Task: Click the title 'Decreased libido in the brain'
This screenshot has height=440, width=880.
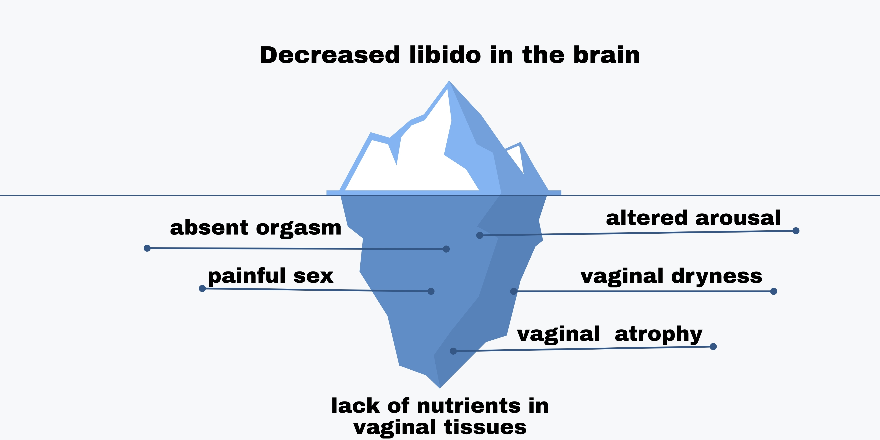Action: pyautogui.click(x=449, y=55)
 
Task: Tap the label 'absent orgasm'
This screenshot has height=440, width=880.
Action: pyautogui.click(x=255, y=228)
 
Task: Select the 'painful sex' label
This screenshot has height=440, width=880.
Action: pyautogui.click(x=270, y=276)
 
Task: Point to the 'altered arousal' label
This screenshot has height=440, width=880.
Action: pyautogui.click(x=693, y=218)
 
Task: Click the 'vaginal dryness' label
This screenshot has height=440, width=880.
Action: pyautogui.click(x=671, y=276)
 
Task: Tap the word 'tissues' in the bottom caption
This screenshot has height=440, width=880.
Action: pyautogui.click(x=485, y=427)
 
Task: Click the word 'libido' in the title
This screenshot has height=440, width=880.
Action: pyautogui.click(x=445, y=55)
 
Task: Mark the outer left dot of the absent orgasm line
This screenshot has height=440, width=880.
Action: pyautogui.click(x=147, y=248)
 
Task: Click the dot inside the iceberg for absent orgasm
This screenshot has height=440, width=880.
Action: pyautogui.click(x=446, y=249)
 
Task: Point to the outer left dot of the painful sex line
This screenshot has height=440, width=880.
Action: pyautogui.click(x=202, y=289)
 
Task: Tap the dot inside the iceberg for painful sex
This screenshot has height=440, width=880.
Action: pyautogui.click(x=431, y=291)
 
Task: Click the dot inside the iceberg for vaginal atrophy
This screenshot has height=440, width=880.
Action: pyautogui.click(x=453, y=351)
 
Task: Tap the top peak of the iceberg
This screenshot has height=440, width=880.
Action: pyautogui.click(x=449, y=82)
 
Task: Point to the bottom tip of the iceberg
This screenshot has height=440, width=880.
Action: pyautogui.click(x=440, y=387)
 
